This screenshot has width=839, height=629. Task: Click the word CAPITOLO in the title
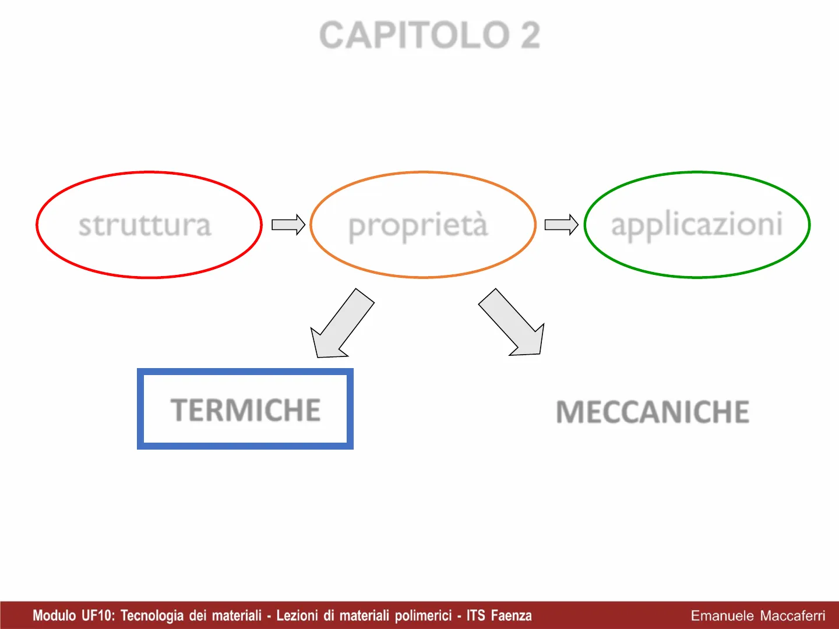click(x=414, y=35)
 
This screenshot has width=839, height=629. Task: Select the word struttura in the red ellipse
click(x=145, y=225)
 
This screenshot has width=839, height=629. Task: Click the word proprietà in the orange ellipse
click(x=418, y=225)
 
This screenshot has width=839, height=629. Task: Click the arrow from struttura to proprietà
click(x=288, y=225)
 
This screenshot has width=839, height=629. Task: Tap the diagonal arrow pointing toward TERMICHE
click(x=343, y=323)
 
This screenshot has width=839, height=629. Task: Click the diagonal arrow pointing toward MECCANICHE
click(x=512, y=322)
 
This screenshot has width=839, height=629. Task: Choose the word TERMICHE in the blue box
click(x=245, y=410)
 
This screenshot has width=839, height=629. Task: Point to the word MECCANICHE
click(x=653, y=412)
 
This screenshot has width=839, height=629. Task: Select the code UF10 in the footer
click(x=98, y=616)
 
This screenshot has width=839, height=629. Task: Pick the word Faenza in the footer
click(x=511, y=616)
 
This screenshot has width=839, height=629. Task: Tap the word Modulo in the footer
click(x=54, y=616)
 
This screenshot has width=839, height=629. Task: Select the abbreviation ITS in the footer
click(x=476, y=616)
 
